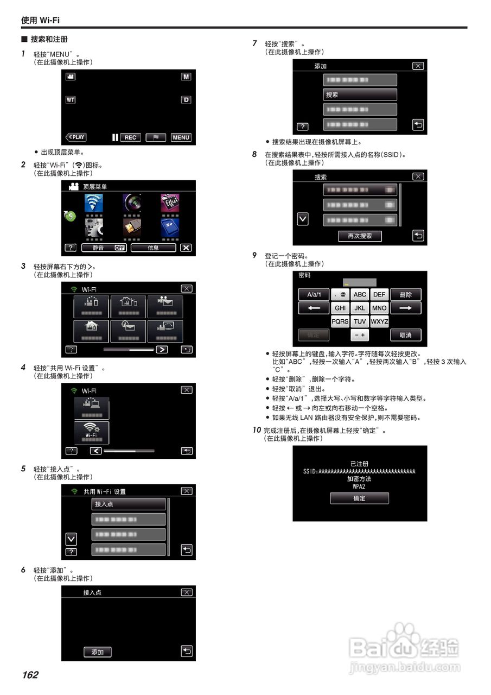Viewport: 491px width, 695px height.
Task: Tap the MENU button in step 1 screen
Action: tap(181, 137)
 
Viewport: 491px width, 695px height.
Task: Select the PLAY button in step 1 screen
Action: tap(76, 137)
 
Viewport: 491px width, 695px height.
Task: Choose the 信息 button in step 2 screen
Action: tap(153, 248)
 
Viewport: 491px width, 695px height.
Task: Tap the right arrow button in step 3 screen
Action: tap(162, 349)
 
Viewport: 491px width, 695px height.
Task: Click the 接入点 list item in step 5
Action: tap(128, 504)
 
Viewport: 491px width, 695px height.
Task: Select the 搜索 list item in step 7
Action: tap(360, 94)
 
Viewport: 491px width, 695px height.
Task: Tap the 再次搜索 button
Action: tap(359, 236)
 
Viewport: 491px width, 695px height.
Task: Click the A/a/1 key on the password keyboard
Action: tap(314, 294)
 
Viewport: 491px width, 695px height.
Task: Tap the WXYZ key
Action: tap(379, 321)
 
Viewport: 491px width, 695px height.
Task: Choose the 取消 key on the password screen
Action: tap(405, 335)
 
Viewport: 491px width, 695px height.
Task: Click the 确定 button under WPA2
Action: tap(359, 498)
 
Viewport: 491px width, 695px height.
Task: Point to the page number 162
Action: tap(30, 675)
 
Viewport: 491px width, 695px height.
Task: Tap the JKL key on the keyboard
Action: tap(360, 308)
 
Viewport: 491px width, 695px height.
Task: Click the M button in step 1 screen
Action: tap(186, 77)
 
